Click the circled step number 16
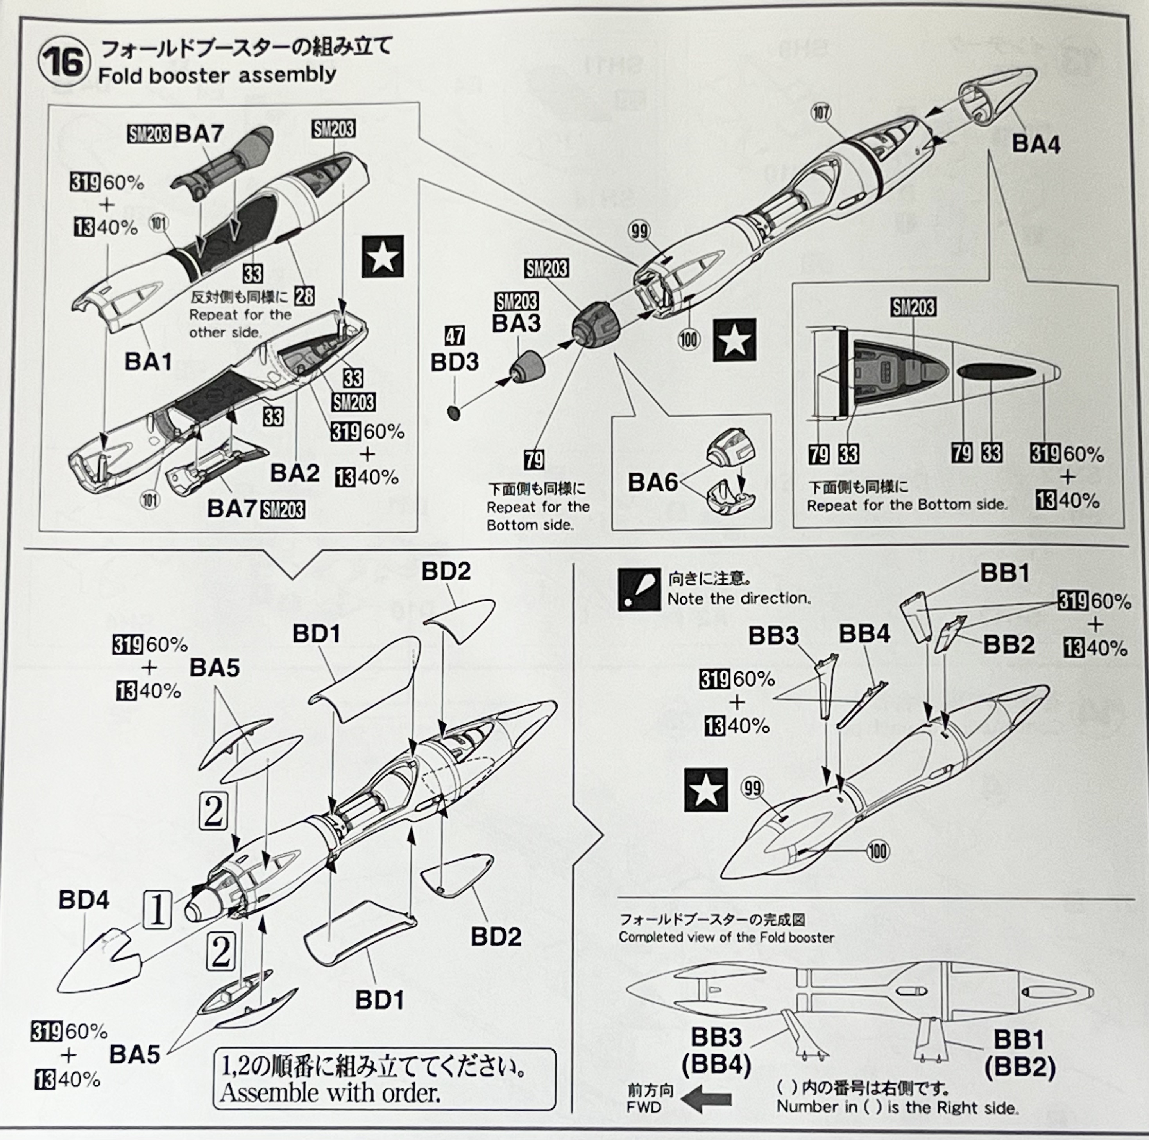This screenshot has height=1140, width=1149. pyautogui.click(x=64, y=61)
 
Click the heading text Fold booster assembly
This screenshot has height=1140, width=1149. pyautogui.click(x=217, y=75)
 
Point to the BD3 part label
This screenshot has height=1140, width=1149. pyautogui.click(x=455, y=362)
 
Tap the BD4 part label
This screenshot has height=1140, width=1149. pyautogui.click(x=84, y=899)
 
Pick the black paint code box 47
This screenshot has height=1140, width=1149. pyautogui.click(x=455, y=336)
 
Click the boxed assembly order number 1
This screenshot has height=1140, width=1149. pyautogui.click(x=157, y=910)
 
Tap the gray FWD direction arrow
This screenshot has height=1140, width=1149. pyautogui.click(x=705, y=1100)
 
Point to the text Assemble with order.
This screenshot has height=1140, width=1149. pyautogui.click(x=330, y=1092)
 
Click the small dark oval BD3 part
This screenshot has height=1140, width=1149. pyautogui.click(x=454, y=412)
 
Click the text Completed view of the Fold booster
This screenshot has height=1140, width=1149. pyautogui.click(x=726, y=937)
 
